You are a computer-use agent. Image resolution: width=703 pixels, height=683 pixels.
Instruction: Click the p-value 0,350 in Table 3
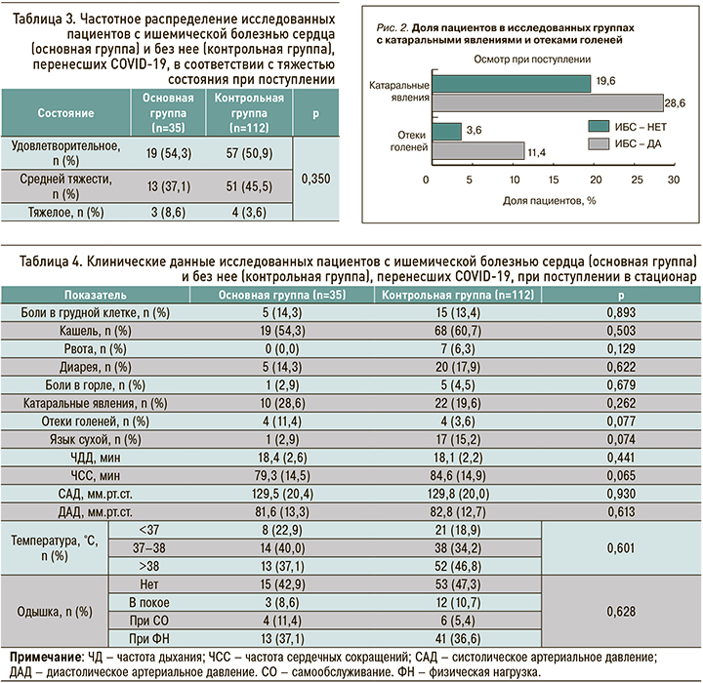point(315,179)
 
